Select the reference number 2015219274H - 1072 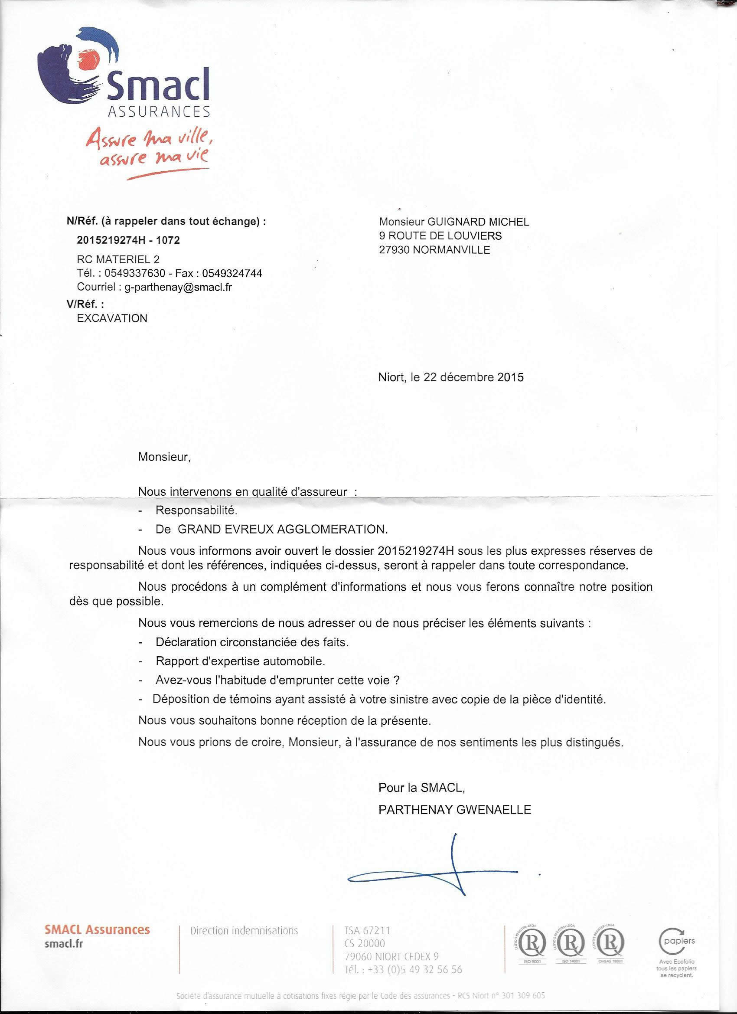click(128, 241)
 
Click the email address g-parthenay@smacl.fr click(178, 288)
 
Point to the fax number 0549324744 click(232, 274)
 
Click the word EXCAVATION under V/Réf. click(112, 318)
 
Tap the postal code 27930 click(395, 250)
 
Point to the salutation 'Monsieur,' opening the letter click(164, 457)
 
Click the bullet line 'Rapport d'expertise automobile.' click(241, 661)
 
